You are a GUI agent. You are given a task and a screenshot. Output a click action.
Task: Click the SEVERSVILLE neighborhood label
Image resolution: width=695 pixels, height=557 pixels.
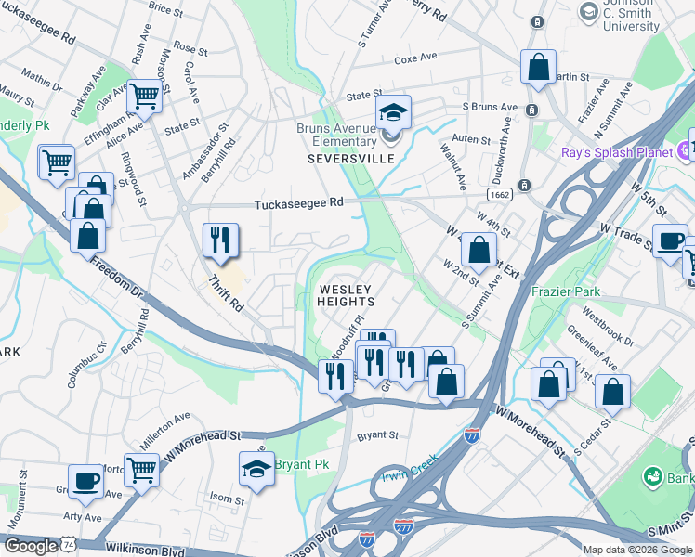pyautogui.click(x=351, y=159)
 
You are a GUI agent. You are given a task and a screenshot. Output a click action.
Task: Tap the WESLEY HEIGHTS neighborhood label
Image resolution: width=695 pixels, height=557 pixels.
pyautogui.click(x=347, y=295)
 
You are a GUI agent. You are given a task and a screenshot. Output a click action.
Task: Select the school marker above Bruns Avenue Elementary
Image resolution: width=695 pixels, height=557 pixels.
pyautogui.click(x=393, y=113)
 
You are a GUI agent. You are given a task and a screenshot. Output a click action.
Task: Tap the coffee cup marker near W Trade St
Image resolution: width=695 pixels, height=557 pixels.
pyautogui.click(x=670, y=242)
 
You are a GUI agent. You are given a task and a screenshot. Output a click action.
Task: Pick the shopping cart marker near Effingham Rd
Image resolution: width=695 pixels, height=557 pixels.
pyautogui.click(x=144, y=96)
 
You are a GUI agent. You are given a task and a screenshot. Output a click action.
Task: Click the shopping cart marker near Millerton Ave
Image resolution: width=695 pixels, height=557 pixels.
pyautogui.click(x=141, y=471)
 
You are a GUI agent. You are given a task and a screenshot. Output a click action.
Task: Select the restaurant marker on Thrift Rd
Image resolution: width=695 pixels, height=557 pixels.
pyautogui.click(x=221, y=240)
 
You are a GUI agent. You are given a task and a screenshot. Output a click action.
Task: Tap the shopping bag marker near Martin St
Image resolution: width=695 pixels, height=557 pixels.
pyautogui.click(x=538, y=69)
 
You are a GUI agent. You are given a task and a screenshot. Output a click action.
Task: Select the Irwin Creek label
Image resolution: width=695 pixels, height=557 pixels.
pyautogui.click(x=409, y=479)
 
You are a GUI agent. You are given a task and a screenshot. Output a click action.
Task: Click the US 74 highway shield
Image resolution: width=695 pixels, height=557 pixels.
pyautogui.click(x=69, y=547)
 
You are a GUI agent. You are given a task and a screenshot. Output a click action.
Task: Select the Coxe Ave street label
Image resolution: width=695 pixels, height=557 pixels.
pyautogui.click(x=415, y=58)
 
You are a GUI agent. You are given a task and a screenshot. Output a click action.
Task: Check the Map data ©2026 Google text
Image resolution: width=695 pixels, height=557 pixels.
pyautogui.click(x=636, y=550)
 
